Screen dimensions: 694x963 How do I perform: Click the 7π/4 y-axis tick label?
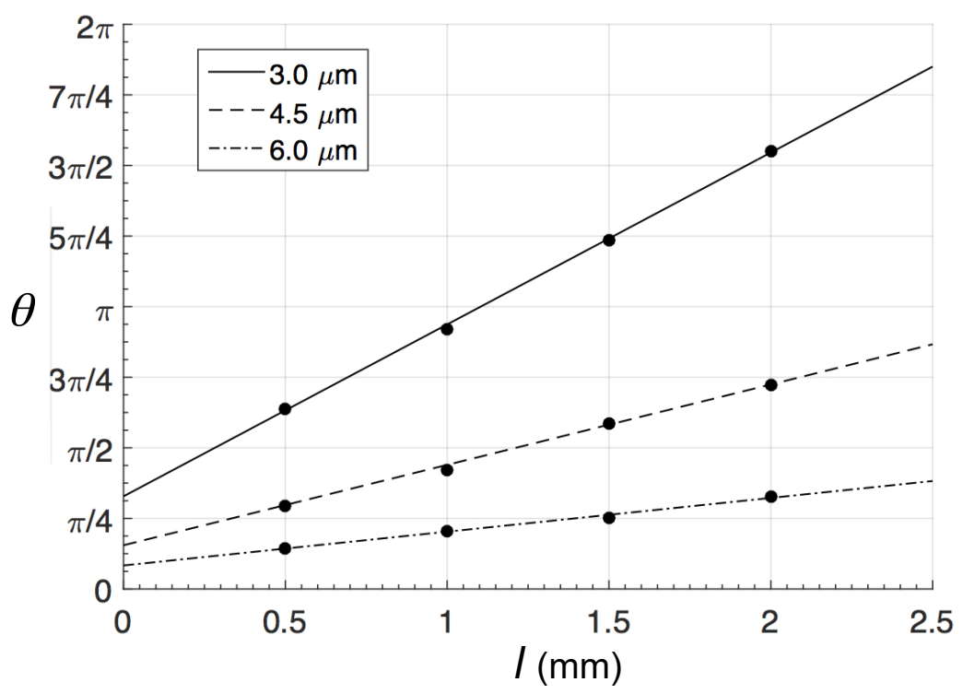81,95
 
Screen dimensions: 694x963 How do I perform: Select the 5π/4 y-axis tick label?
81,237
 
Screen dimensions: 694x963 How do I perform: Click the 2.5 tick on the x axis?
931,624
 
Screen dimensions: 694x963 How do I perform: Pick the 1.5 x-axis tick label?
608,624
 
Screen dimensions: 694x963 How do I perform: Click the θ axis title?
24,312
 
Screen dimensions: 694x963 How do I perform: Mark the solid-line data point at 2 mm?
770,151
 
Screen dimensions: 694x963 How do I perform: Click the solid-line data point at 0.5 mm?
286,409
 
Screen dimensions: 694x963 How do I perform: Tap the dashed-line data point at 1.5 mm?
608,424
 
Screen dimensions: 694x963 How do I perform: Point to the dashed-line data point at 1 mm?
447,470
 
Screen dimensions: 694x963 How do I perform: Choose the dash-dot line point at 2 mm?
770,498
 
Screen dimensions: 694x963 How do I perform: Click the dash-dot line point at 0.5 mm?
286,548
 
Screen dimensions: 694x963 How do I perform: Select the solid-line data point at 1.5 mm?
608,240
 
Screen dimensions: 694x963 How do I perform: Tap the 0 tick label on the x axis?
123,624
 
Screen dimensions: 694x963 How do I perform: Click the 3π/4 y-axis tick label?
81,378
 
